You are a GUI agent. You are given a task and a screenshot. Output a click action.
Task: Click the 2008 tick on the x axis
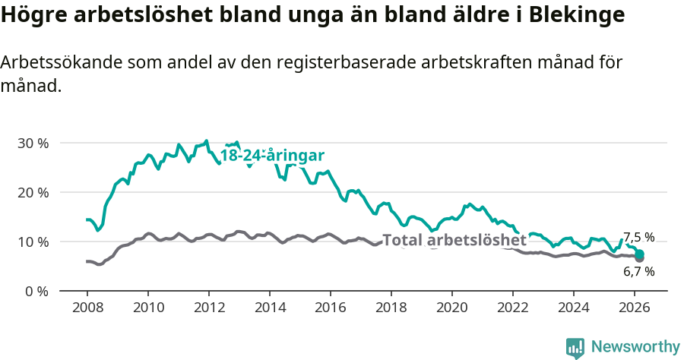coord(87,307)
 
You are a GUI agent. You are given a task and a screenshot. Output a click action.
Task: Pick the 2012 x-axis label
coord(208,307)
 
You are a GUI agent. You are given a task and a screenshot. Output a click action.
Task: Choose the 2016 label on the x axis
coord(330,307)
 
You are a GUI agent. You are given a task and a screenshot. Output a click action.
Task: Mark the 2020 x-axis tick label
coord(451,307)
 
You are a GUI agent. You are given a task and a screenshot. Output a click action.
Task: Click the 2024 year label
coord(573,307)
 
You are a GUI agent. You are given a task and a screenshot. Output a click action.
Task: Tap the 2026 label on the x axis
coord(634,307)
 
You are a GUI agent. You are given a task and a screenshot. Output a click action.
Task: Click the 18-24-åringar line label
coord(272,156)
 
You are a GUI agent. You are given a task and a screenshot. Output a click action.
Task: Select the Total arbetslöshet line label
coord(454,241)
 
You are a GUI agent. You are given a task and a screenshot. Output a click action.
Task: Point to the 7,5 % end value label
coord(638,237)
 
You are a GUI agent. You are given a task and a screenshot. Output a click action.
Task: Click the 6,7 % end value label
coord(638,271)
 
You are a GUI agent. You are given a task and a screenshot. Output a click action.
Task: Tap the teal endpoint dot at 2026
coord(640,254)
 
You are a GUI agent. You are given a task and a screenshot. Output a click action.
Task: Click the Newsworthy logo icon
coord(575,348)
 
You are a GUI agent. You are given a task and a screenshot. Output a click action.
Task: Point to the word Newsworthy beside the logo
coord(635,347)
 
